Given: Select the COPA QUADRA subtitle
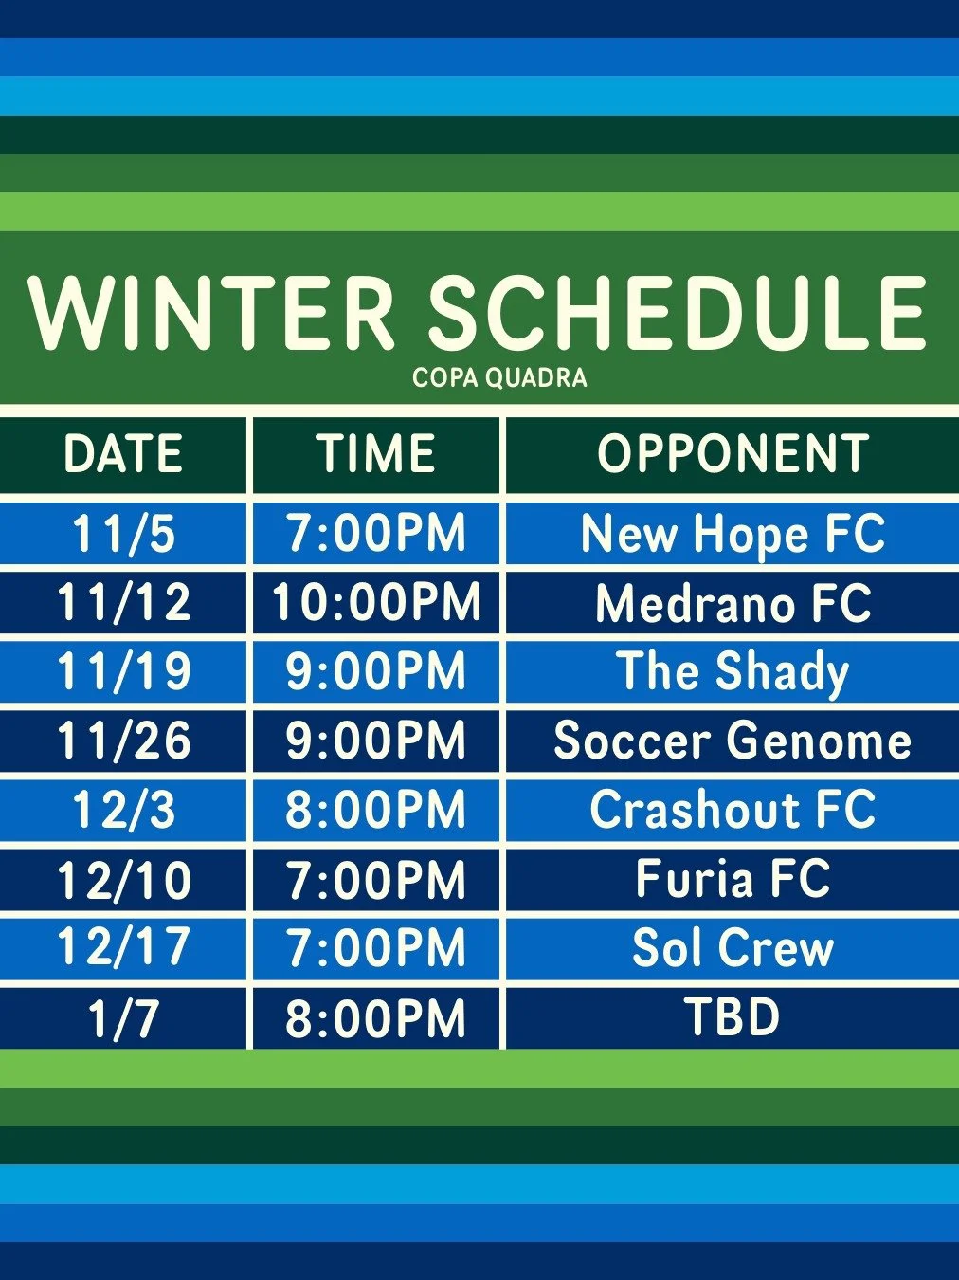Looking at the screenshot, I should point(499,377).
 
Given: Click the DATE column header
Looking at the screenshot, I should point(123,453).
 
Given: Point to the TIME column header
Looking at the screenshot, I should point(376,453).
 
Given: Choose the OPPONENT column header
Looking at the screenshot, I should point(733,453).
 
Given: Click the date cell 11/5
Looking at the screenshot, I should point(123,533).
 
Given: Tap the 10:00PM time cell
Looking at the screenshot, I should point(376,602).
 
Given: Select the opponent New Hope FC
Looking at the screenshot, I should point(733,533).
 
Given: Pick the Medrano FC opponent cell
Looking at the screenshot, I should point(733,602).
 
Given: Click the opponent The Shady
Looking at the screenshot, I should point(733,671).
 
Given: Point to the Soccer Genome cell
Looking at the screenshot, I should point(733,741).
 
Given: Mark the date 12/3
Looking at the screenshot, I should point(123,810).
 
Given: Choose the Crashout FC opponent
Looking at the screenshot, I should point(733,810).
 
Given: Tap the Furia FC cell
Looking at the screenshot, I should point(733,879).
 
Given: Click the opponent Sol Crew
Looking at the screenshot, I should point(733,948).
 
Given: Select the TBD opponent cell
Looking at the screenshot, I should point(733,1017).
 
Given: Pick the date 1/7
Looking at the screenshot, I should point(123,1018).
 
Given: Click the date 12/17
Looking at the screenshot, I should point(123,948).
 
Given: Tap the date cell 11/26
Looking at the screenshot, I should point(123,741).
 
